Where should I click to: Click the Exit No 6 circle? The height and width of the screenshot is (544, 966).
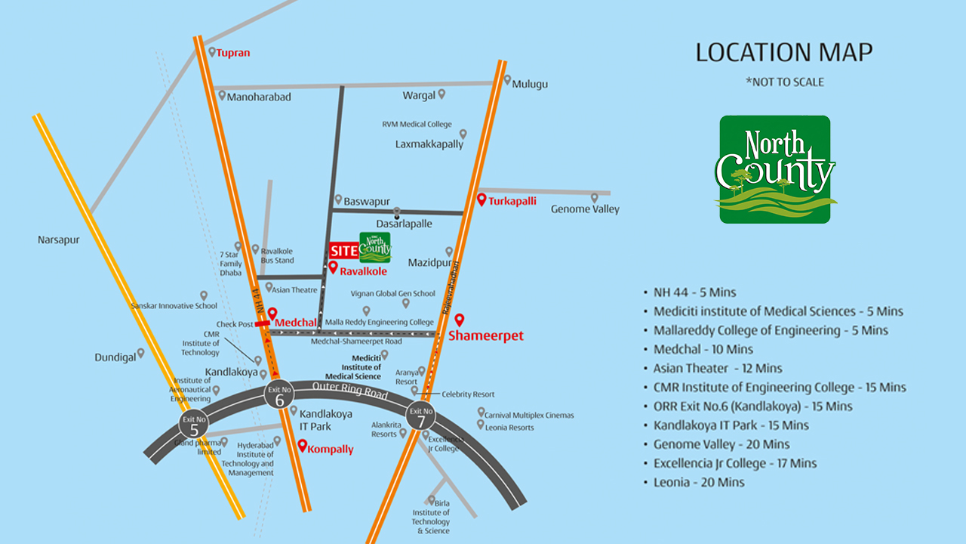(279, 397)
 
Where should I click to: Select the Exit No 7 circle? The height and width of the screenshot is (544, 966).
(420, 416)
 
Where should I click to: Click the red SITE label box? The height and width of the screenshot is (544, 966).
(343, 251)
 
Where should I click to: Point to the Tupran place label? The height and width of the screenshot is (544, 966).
(233, 53)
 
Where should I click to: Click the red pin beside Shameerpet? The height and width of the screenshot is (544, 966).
(458, 320)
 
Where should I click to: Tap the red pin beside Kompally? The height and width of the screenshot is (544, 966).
(303, 446)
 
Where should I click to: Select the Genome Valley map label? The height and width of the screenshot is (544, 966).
(585, 209)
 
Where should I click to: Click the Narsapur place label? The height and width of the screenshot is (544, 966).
(59, 240)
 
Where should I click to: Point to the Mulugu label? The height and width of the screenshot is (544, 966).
(530, 84)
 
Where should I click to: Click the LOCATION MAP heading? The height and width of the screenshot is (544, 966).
(784, 53)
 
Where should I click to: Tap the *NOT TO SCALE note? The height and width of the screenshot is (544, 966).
(785, 82)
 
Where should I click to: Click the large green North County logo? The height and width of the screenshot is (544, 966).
(775, 169)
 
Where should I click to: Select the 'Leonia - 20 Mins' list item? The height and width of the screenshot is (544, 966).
(699, 482)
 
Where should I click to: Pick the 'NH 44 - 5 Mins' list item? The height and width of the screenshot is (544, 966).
(694, 292)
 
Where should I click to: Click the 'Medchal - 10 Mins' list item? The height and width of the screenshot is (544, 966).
(703, 349)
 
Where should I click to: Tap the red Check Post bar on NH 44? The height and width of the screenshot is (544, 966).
(262, 323)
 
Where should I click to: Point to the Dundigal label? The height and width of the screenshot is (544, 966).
(115, 357)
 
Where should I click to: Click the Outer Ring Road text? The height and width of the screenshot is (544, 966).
(350, 391)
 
